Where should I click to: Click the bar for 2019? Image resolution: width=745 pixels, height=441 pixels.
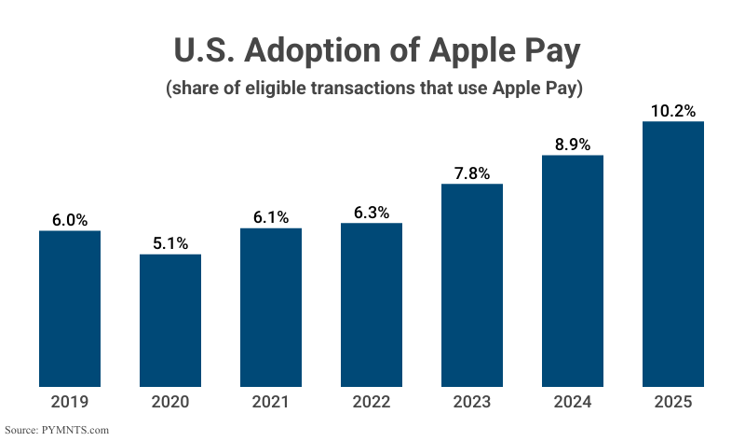[x=70, y=309]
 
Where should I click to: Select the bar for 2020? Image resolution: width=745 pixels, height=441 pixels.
[x=170, y=320]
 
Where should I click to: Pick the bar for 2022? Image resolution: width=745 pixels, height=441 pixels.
[x=372, y=305]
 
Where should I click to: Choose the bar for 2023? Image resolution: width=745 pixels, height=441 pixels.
[x=472, y=285]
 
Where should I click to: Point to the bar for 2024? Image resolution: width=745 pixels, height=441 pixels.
[x=573, y=270]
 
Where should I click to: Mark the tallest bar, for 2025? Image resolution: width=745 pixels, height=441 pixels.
[x=673, y=254]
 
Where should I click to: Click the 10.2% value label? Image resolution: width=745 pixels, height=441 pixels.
[x=673, y=111]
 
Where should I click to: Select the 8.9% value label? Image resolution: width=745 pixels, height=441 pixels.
[x=573, y=144]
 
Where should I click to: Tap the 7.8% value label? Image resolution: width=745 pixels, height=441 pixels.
[x=472, y=172]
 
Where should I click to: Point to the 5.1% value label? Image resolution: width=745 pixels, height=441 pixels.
[x=170, y=243]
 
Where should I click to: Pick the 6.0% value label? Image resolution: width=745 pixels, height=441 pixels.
[x=70, y=220]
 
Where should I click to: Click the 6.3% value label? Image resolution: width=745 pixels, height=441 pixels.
[x=372, y=213]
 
